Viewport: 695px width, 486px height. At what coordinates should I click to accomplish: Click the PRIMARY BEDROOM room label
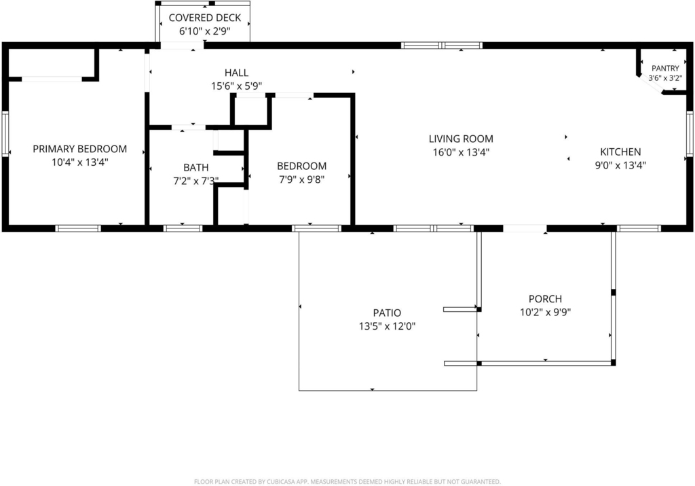click(x=80, y=149)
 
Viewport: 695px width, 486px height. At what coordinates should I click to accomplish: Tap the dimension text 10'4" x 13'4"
click(x=80, y=162)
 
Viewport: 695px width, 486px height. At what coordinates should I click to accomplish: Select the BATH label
click(x=196, y=167)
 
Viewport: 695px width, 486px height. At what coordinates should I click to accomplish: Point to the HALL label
click(x=236, y=73)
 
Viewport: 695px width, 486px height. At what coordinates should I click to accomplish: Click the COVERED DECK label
click(x=205, y=18)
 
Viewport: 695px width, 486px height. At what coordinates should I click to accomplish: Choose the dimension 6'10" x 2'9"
click(x=205, y=31)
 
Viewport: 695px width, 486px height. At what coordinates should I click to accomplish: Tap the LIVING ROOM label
click(x=461, y=139)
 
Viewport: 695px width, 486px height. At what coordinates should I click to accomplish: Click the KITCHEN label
click(x=620, y=152)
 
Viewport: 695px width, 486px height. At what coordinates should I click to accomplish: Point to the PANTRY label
click(x=665, y=69)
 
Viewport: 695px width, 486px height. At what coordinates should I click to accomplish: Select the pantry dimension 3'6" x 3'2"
click(x=665, y=78)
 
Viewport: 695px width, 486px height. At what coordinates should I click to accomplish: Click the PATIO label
click(x=387, y=313)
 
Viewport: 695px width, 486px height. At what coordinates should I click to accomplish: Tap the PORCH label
click(x=545, y=298)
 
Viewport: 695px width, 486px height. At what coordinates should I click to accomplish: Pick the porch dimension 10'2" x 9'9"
click(x=545, y=312)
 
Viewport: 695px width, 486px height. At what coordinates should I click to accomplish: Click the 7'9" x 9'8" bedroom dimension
click(x=301, y=179)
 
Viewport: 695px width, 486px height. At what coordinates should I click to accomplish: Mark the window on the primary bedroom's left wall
click(x=5, y=134)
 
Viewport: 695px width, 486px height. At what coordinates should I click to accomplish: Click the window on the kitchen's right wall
click(x=690, y=134)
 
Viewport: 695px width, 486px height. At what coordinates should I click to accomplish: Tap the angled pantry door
click(x=650, y=85)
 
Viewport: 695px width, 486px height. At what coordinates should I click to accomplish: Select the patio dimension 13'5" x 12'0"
click(x=387, y=326)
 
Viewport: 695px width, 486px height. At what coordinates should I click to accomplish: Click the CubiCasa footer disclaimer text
click(x=347, y=481)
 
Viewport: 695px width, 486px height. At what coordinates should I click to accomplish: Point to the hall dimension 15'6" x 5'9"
click(x=236, y=86)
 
